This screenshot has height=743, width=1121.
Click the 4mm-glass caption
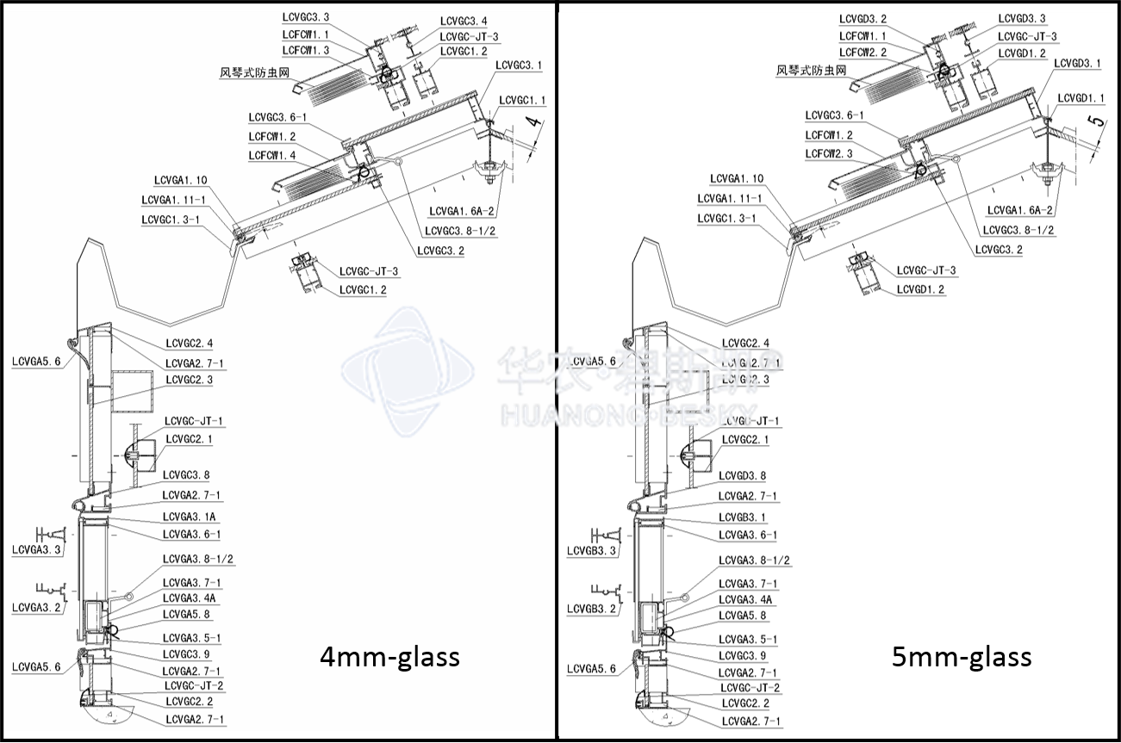[x=389, y=657]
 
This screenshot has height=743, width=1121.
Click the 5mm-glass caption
[x=962, y=657]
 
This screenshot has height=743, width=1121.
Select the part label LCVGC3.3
[x=306, y=17]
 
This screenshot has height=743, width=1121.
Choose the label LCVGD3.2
[x=863, y=19]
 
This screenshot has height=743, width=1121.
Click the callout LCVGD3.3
[x=1022, y=19]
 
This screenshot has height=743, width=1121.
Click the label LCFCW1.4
[x=272, y=155]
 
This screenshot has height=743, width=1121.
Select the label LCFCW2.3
[x=829, y=153]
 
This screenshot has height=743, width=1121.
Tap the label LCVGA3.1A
[x=189, y=517]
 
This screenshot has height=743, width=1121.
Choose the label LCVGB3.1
[x=743, y=517]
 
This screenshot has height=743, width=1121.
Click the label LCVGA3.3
[x=36, y=548]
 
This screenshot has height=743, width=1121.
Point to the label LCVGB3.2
[x=591, y=609]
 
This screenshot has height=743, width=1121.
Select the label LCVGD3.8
[x=743, y=475]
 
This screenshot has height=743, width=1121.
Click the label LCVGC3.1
[x=520, y=65]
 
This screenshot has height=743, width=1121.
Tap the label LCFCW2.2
[x=863, y=52]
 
